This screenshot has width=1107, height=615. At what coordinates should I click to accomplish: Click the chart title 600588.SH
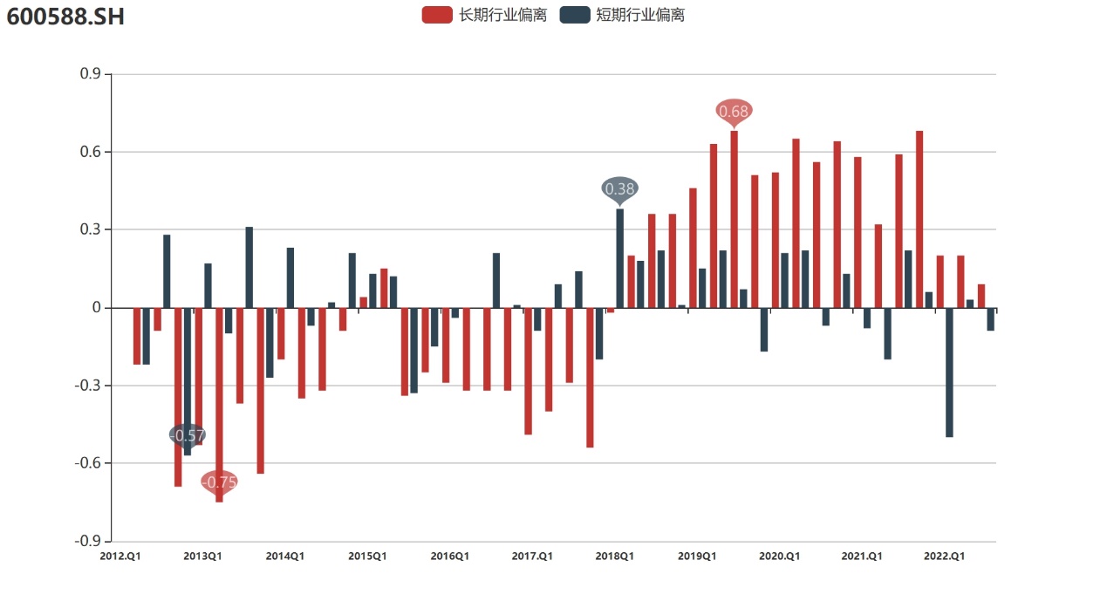(x=65, y=16)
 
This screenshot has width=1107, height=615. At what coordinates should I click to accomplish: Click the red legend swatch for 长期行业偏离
(x=437, y=15)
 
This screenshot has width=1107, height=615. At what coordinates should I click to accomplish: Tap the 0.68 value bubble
(x=734, y=111)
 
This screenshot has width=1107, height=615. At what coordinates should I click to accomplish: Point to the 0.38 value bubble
(x=620, y=188)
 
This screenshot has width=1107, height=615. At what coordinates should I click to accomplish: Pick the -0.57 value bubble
(x=187, y=435)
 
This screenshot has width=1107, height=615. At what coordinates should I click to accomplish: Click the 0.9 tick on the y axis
(x=90, y=74)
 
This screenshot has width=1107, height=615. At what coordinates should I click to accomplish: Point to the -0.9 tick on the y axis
(x=88, y=541)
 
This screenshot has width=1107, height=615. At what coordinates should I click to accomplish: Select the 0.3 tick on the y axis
(x=90, y=229)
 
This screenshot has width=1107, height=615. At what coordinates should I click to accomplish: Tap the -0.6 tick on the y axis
(x=88, y=463)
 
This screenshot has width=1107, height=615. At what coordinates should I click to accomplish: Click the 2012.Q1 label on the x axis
(x=120, y=557)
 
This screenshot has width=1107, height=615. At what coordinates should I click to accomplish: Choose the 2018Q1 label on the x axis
(x=614, y=557)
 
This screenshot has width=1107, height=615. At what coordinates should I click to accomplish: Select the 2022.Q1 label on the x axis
(x=944, y=557)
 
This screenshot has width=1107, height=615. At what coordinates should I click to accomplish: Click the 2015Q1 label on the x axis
(x=367, y=557)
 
